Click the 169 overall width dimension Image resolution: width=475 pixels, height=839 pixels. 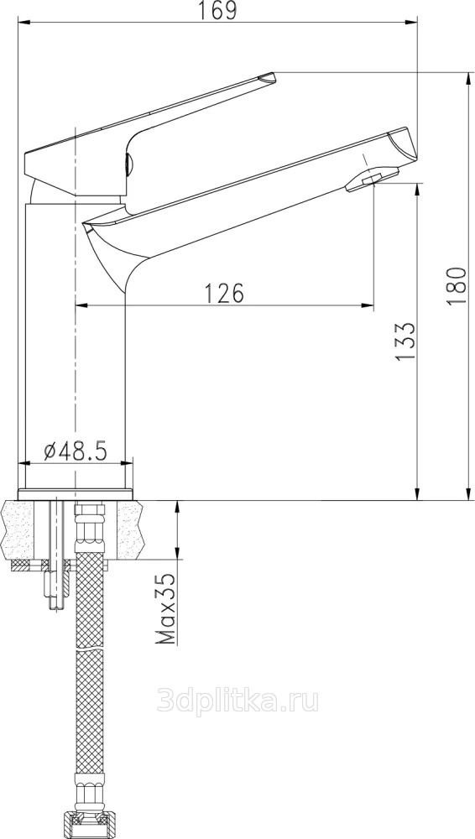click(217, 10)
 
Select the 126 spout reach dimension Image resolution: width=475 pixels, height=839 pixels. click(224, 293)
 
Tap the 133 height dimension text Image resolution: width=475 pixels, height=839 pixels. click(405, 341)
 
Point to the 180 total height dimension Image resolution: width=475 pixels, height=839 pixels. click(457, 285)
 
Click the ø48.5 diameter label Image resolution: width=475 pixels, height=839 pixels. click(76, 451)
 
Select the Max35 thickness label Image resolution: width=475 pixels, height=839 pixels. click(166, 607)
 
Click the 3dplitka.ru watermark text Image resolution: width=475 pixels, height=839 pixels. click(237, 701)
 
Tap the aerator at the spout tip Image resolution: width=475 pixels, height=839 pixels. click(372, 180)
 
